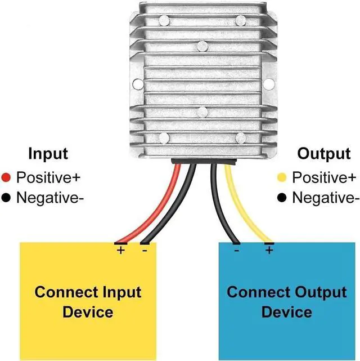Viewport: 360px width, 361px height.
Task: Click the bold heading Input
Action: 48,154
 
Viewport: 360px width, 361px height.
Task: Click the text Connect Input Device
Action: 88,302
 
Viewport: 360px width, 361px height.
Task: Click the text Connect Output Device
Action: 286,302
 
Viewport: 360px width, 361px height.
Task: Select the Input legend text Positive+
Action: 48,178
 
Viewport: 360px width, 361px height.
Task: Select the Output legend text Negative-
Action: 326,198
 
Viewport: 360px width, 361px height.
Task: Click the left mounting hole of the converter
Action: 136,84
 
